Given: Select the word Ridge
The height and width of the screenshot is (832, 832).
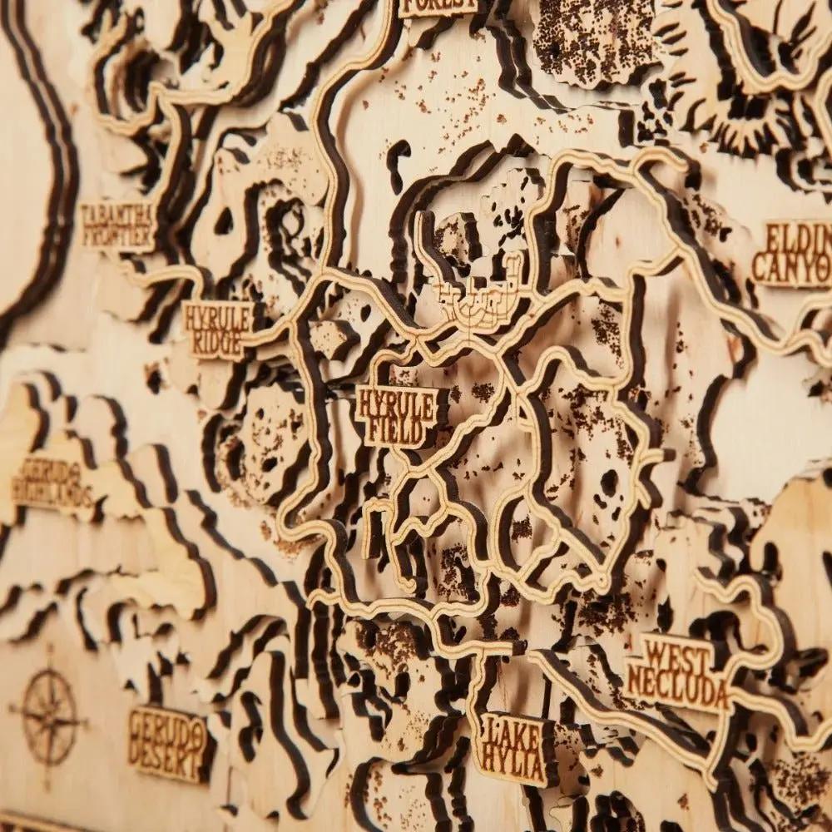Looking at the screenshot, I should pyautogui.click(x=215, y=342).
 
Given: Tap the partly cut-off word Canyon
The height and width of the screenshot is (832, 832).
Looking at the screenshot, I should pyautogui.click(x=790, y=268).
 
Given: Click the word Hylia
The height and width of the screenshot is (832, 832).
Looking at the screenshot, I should pyautogui.click(x=513, y=760).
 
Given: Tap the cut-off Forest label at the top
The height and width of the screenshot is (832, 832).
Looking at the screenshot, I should pyautogui.click(x=438, y=6).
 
